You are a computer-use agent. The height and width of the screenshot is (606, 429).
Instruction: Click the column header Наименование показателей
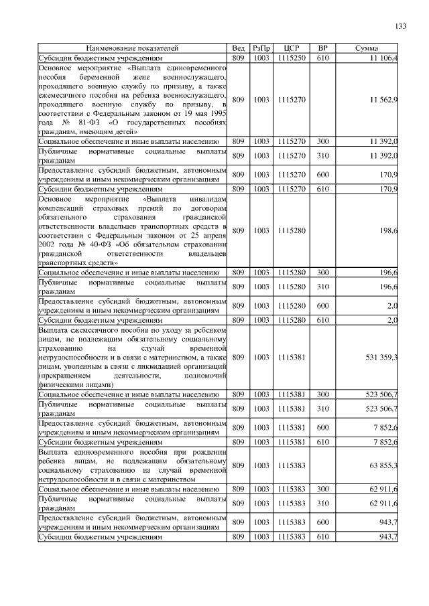(x=133, y=49)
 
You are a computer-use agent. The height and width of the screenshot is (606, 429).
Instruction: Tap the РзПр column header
(x=261, y=49)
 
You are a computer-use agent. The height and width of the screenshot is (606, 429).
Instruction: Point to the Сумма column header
(x=366, y=49)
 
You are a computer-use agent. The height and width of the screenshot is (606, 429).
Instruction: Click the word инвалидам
(x=208, y=200)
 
